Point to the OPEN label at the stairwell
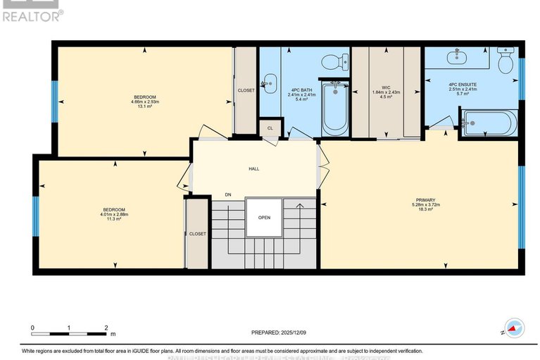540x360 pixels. [263, 217]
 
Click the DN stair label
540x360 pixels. [227, 194]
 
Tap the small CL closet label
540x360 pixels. [270, 128]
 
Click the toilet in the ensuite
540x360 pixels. [506, 62]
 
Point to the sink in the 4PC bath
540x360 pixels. [269, 83]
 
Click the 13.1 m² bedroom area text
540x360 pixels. [145, 106]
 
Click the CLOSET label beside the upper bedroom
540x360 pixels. [246, 91]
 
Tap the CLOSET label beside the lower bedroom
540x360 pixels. [197, 234]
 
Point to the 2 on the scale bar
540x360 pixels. [106, 328]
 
